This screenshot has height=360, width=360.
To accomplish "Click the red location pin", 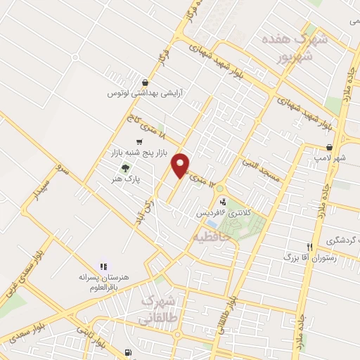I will click(x=181, y=164).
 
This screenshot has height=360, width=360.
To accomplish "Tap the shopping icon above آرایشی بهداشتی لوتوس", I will click(x=145, y=82).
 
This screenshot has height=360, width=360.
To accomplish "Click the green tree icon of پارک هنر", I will click(x=125, y=168).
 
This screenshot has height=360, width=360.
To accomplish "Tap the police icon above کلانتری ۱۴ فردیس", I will click(x=223, y=201).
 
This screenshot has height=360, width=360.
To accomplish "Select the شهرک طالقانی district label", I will click(x=160, y=309).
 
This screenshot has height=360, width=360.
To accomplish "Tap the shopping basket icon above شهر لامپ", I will click(x=329, y=147).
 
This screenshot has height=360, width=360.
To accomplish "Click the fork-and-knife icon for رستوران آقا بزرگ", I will click(x=309, y=247).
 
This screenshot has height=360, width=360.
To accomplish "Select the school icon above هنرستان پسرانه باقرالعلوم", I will click(x=103, y=266).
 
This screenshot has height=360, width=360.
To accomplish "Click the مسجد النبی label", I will click(x=261, y=169).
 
